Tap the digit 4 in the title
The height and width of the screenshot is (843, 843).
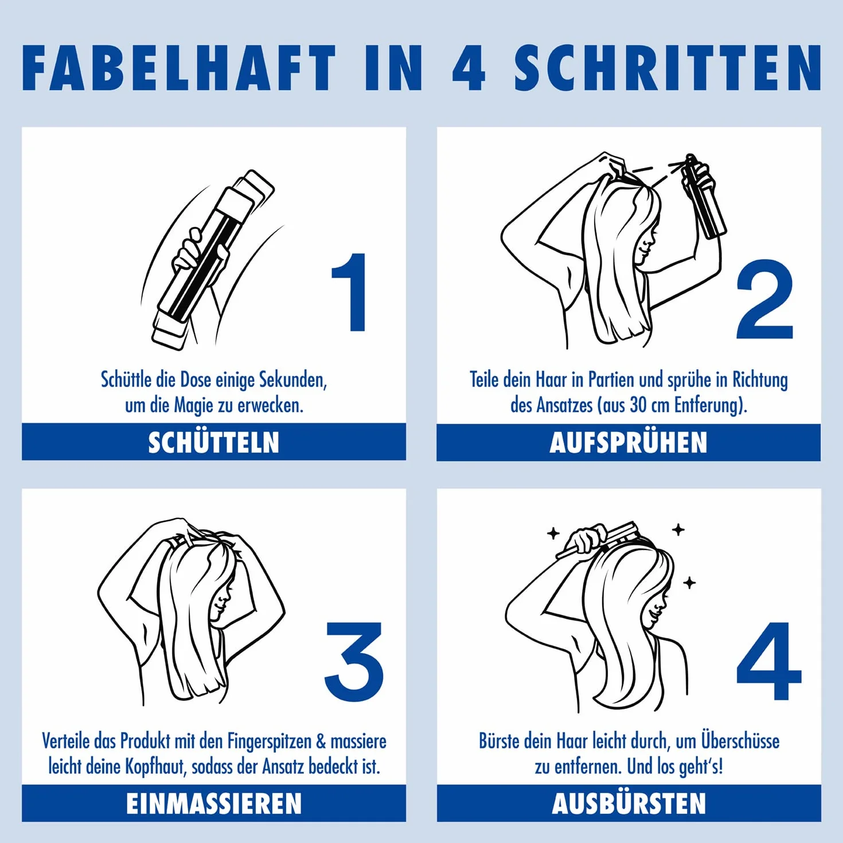(469, 67)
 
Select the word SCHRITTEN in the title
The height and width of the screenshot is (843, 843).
(667, 67)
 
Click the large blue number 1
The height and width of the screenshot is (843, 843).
(350, 292)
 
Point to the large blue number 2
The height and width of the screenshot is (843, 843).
(764, 299)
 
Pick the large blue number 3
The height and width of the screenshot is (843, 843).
(353, 661)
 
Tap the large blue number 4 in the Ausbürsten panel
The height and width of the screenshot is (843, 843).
(769, 661)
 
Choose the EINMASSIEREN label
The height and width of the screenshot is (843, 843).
(213, 803)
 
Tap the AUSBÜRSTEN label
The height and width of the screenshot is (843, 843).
(629, 803)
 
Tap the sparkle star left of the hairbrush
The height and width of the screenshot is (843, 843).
(553, 533)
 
